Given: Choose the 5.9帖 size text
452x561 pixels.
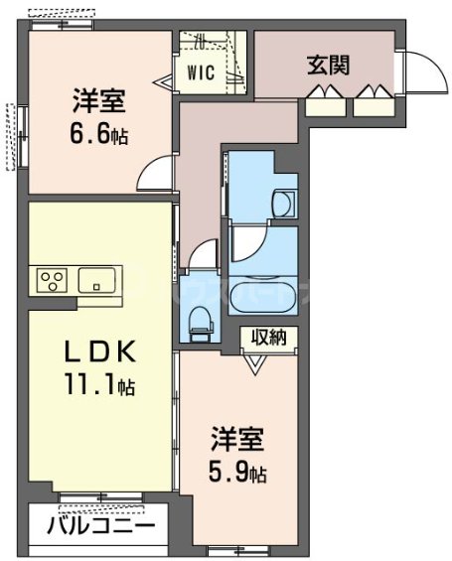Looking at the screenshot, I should coord(237,472).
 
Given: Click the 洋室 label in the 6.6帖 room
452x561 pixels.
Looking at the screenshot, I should coord(95,102).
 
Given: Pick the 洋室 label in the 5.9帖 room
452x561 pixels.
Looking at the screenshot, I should coord(237,440).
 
